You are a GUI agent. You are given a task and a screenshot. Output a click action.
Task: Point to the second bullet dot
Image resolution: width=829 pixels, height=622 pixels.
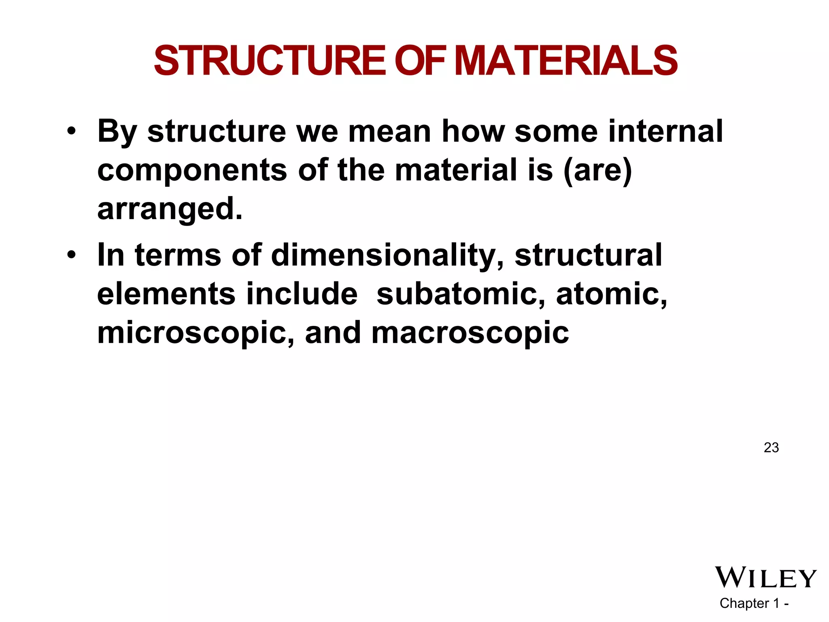[x=72, y=255]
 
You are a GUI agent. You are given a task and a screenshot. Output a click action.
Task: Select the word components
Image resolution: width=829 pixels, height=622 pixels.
[x=192, y=170]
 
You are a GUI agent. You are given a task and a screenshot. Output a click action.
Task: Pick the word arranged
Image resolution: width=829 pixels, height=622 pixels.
[x=170, y=209]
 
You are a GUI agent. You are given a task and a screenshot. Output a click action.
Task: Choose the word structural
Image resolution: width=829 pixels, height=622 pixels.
[x=588, y=255]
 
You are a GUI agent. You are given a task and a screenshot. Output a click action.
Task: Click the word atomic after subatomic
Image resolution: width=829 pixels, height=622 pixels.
[x=612, y=294]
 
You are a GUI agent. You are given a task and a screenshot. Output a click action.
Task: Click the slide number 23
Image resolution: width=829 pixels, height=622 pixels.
[x=771, y=447]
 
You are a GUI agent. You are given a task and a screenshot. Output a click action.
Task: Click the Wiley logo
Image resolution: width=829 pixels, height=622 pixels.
[x=766, y=577]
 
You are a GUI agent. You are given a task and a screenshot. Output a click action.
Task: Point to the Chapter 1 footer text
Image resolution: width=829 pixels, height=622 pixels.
[x=754, y=603]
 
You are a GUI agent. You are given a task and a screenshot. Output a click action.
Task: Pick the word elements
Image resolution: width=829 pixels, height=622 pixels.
[x=166, y=294]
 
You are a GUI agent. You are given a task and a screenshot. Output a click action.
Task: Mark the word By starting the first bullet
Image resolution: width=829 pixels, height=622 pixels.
[x=117, y=132]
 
